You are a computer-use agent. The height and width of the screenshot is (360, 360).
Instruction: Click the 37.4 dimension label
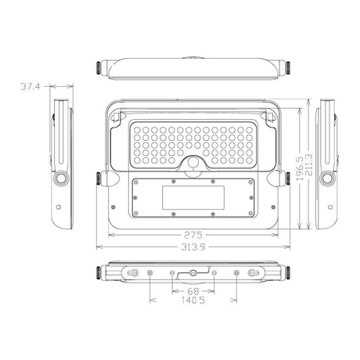point(31,88)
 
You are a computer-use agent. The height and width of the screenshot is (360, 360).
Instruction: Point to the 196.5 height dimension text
point(300,167)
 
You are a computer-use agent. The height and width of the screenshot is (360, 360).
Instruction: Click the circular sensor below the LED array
point(193,164)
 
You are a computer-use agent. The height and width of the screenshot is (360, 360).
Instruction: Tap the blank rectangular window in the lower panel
point(193,197)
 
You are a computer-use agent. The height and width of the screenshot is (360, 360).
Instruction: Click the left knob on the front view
point(100,179)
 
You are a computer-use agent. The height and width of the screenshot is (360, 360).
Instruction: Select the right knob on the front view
point(285,179)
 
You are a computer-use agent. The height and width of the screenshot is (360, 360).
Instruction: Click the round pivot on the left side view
point(59,179)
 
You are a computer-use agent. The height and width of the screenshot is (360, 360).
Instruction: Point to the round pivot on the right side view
point(326,179)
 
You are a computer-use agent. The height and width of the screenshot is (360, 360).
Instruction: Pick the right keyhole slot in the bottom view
point(254,273)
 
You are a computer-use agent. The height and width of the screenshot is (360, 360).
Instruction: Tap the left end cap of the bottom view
point(100,273)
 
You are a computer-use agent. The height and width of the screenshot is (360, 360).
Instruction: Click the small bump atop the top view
point(193,58)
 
